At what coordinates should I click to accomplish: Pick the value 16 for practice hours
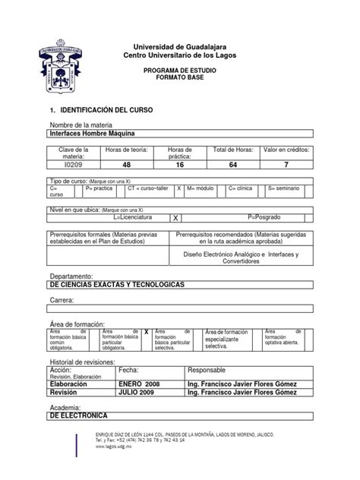(x=175, y=163)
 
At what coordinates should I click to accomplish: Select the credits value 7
(x=286, y=163)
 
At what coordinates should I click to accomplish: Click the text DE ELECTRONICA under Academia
(x=78, y=416)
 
